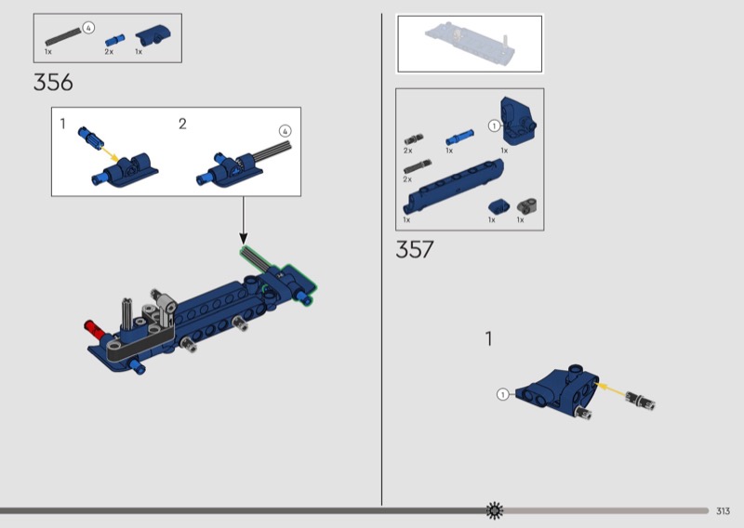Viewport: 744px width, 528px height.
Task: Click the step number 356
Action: coord(53,83)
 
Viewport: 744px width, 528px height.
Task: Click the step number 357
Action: coord(415,249)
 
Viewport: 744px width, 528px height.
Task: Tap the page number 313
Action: coord(723,511)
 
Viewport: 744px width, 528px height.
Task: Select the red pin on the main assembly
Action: coord(94,330)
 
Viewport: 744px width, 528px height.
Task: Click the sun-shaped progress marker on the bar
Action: coord(495,510)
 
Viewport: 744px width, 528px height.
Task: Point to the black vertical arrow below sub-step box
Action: coord(244,220)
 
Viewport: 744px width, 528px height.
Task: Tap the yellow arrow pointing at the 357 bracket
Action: coord(610,389)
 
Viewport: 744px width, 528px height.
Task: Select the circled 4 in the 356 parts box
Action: coord(88,28)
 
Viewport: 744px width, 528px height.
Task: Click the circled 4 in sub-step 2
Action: coord(285,131)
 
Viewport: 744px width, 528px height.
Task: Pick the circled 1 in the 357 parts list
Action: coord(495,125)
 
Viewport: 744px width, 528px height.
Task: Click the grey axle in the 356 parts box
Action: coord(63,37)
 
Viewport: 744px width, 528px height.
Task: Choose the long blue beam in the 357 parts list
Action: coord(453,186)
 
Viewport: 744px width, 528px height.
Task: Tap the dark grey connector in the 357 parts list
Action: coord(526,205)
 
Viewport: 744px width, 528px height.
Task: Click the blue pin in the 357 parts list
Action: coord(459,137)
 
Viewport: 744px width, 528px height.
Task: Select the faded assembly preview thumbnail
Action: coord(470,44)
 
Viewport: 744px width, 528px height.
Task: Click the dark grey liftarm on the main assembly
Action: coord(139,344)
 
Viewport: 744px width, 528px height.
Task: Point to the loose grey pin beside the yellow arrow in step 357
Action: coord(640,400)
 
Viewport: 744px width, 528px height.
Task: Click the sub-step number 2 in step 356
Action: coord(182,124)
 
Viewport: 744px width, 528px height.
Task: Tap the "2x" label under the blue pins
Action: coord(109,52)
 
